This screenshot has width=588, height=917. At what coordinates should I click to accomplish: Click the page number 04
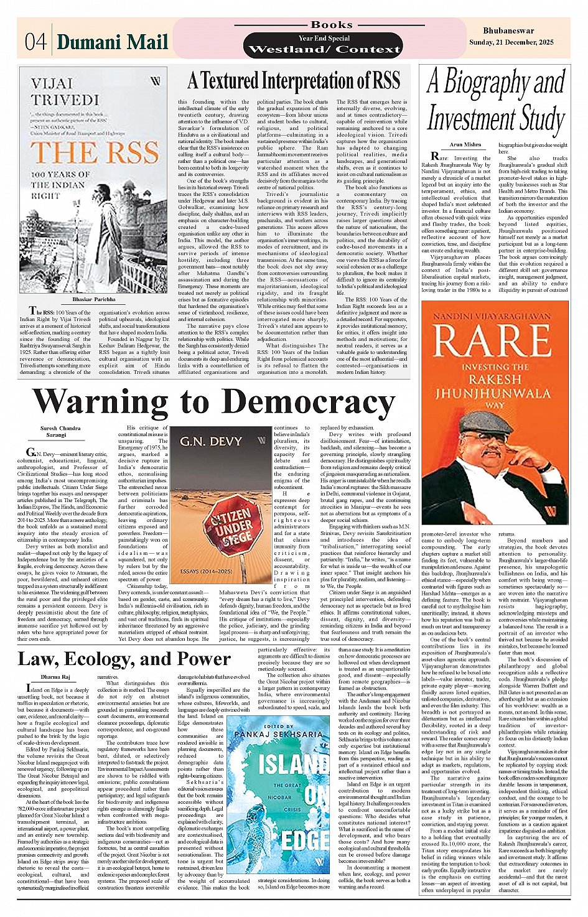35,42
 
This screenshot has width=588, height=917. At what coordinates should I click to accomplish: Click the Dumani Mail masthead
113,42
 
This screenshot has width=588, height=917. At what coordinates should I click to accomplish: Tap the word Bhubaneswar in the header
508,30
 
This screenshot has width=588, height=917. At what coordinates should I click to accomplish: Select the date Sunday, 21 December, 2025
511,42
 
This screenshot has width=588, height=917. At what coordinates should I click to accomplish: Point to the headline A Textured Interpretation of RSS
294,81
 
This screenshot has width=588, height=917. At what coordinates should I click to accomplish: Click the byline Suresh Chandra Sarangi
60,431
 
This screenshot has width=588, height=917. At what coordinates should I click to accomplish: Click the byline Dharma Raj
56,677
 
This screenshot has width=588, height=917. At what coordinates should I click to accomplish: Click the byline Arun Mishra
465,144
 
